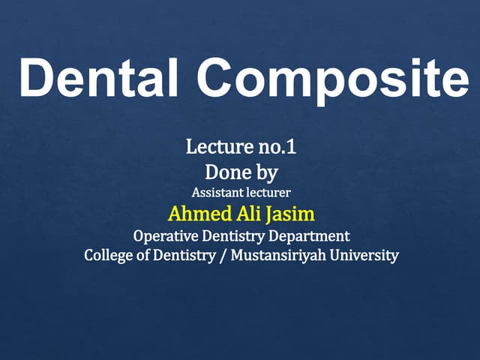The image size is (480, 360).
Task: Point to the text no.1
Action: click(274, 147)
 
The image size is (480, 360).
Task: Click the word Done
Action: click(226, 172)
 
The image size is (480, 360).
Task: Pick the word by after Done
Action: click(265, 174)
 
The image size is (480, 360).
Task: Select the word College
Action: click(109, 256)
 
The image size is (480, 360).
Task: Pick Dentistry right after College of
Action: click(187, 256)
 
